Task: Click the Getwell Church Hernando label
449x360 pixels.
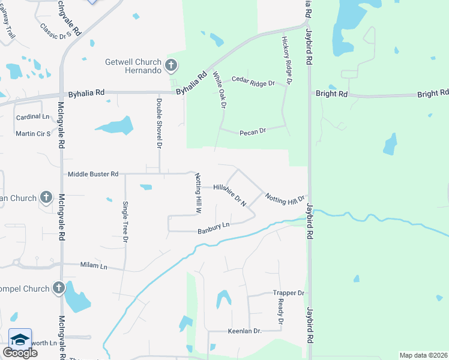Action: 133,66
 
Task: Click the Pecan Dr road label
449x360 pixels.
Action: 252,131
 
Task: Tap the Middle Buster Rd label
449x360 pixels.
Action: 93,174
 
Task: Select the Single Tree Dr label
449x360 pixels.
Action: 126,221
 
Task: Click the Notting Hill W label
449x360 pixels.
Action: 197,194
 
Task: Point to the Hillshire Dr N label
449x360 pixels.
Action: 230,196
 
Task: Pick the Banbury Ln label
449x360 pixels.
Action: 214,227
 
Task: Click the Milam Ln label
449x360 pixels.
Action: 94,265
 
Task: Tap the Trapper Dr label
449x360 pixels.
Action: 289,293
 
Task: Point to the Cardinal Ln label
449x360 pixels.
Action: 32,116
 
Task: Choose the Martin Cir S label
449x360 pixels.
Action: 33,134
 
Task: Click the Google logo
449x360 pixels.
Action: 20,353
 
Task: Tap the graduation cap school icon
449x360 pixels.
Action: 20,338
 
